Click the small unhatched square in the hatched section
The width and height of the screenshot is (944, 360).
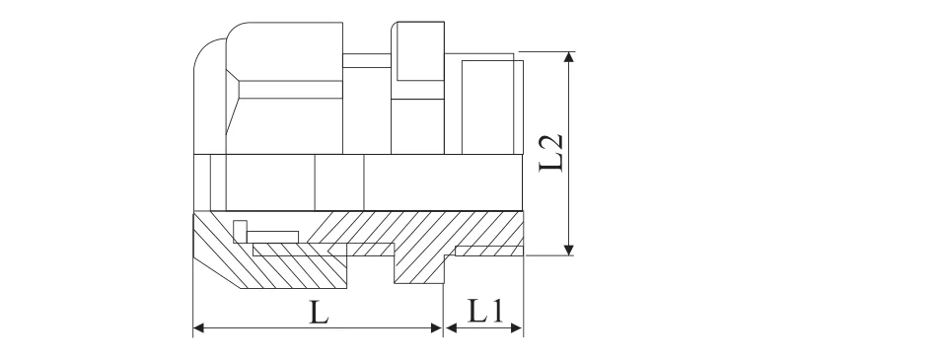tap(239, 231)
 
